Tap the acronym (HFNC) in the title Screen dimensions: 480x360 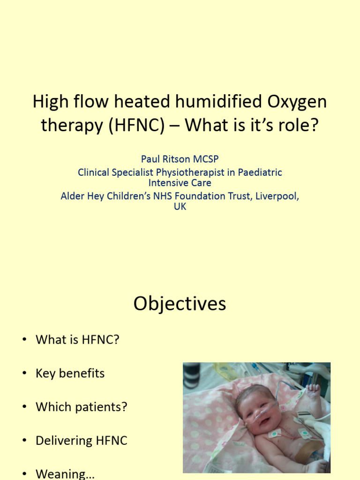coord(136,125)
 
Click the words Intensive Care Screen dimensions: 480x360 coord(180,183)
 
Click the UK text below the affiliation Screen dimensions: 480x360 coord(180,207)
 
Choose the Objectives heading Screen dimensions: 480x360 coord(180,304)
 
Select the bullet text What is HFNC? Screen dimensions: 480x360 coord(77,340)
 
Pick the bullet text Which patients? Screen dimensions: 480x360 coord(81,407)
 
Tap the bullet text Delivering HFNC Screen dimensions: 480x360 coord(81,441)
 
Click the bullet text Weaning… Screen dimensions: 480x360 coord(65,474)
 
